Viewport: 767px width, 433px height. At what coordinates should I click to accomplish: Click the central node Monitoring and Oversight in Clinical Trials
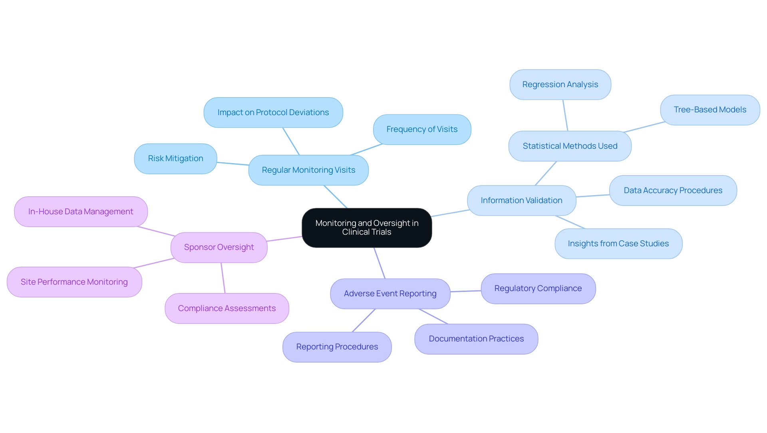pyautogui.click(x=367, y=227)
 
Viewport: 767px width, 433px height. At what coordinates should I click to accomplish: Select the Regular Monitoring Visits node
pyautogui.click(x=308, y=170)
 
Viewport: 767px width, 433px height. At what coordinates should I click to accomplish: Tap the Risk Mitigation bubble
pyautogui.click(x=175, y=158)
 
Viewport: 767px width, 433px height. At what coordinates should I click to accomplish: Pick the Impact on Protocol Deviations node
pyautogui.click(x=273, y=112)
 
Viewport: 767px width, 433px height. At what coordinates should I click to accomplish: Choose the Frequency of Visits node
pyautogui.click(x=422, y=129)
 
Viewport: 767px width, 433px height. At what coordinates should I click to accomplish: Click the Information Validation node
pyautogui.click(x=521, y=200)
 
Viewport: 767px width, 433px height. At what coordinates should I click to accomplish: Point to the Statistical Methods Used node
pyautogui.click(x=570, y=146)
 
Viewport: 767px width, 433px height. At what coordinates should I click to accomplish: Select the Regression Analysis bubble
pyautogui.click(x=560, y=84)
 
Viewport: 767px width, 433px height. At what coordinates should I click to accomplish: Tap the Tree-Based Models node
pyautogui.click(x=710, y=110)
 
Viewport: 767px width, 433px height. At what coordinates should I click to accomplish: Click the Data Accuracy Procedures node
pyautogui.click(x=673, y=190)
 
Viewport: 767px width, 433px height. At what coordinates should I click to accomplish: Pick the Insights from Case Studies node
pyautogui.click(x=618, y=243)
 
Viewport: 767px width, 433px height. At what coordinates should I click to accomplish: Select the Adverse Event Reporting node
pyautogui.click(x=390, y=293)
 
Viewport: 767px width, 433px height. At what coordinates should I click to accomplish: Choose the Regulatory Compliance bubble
pyautogui.click(x=538, y=288)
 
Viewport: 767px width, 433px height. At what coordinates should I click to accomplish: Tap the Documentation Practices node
pyautogui.click(x=476, y=339)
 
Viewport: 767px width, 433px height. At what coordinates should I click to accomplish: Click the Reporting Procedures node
pyautogui.click(x=337, y=347)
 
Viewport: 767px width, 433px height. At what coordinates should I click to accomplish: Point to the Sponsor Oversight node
pyautogui.click(x=219, y=247)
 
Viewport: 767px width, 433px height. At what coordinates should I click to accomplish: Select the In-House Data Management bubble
pyautogui.click(x=81, y=212)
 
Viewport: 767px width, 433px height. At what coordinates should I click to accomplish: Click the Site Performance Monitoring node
pyautogui.click(x=74, y=282)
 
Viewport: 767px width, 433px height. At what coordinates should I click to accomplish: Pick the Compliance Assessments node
pyautogui.click(x=227, y=308)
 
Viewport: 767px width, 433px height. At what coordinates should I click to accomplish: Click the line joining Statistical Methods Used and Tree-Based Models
pyautogui.click(x=644, y=127)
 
